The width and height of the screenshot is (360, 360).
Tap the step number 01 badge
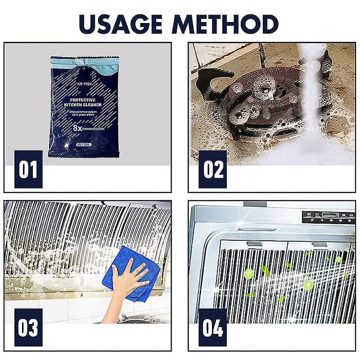tap(28, 169)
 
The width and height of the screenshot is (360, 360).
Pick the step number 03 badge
tap(28, 327)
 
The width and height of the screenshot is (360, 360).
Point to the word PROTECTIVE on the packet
tap(84, 100)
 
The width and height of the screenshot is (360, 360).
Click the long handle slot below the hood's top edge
tap(257, 229)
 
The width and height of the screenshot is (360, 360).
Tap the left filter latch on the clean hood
tap(254, 244)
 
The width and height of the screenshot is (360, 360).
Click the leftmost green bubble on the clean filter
tap(248, 273)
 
